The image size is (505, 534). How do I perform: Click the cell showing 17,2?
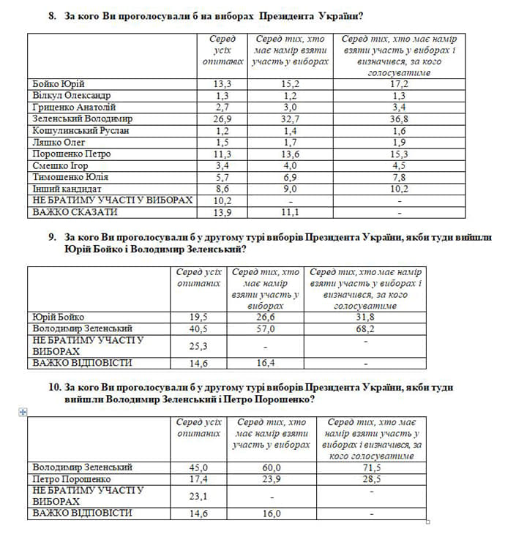coord(399,83)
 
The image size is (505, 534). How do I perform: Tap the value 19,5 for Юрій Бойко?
coord(198,317)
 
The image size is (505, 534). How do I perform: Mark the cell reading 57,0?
coord(264,328)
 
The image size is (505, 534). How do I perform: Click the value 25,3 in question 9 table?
coord(198,346)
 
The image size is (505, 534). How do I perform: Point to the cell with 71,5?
coord(374,467)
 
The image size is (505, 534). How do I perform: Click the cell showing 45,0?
coord(198,467)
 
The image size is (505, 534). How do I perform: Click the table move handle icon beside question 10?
coord(22,413)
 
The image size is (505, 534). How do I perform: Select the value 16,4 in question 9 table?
coord(264,363)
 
